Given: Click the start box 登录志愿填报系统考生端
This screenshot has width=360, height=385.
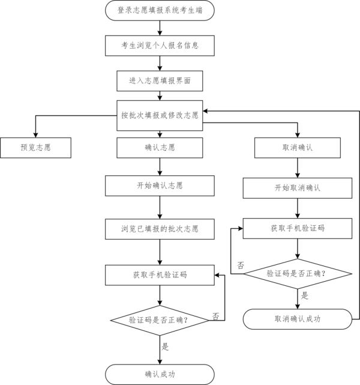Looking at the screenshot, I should click(160, 10).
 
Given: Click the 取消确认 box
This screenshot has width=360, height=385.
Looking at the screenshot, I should click(297, 148).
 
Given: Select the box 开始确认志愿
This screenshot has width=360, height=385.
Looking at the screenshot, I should click(160, 186).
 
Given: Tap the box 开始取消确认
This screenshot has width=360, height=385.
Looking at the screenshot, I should click(297, 187).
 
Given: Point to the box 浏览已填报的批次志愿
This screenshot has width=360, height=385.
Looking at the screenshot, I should click(160, 229).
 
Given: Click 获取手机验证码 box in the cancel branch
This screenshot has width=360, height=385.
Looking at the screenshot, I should click(297, 228).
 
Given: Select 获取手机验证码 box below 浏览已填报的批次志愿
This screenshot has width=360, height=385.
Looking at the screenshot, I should click(160, 274).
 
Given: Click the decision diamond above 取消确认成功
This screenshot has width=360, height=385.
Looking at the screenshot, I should click(297, 273).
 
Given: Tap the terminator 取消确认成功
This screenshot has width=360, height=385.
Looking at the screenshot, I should click(297, 319).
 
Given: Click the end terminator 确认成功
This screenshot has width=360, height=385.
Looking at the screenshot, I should click(160, 374).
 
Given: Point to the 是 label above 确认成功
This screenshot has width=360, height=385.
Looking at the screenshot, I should click(166, 347).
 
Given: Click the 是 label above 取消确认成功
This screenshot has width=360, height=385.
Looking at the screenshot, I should click(304, 296).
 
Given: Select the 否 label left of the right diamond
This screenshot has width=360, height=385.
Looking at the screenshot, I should click(241, 265).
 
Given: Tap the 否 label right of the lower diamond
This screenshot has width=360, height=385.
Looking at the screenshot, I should click(215, 315).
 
